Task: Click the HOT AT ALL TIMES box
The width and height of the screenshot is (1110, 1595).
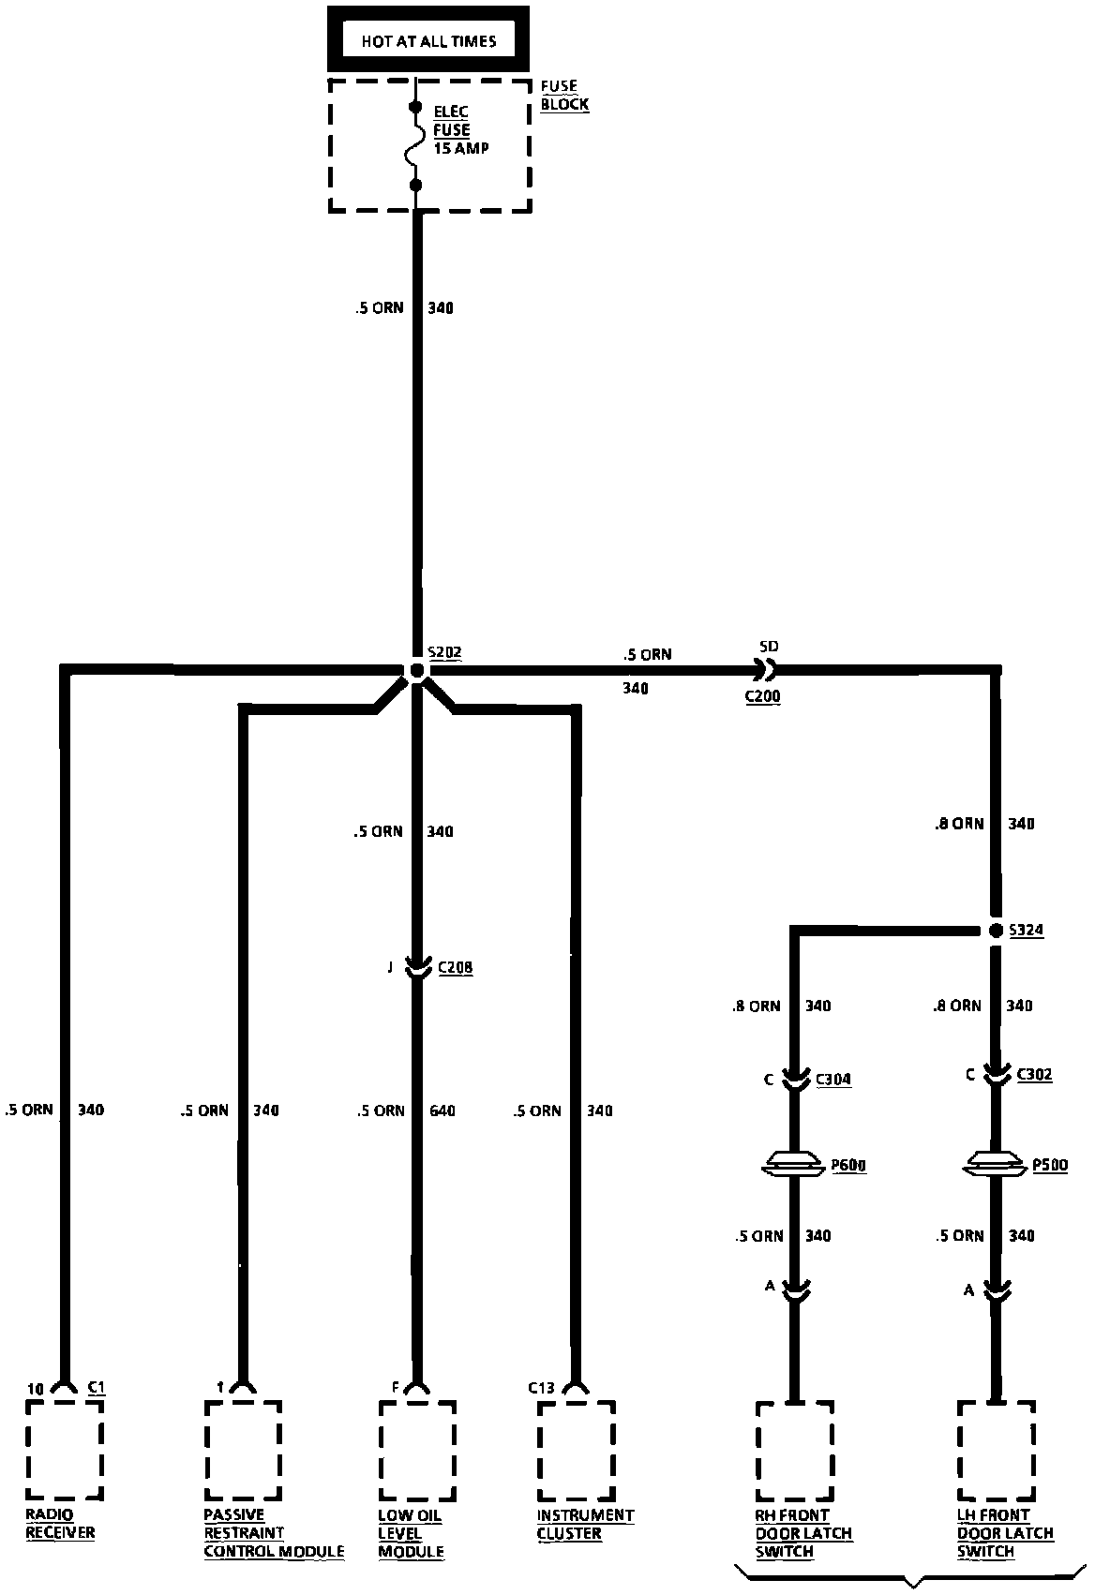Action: (428, 40)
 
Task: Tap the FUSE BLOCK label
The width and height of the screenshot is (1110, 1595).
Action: (564, 95)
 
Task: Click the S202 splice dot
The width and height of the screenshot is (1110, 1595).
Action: (417, 670)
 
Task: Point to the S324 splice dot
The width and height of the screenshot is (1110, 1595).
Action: (996, 931)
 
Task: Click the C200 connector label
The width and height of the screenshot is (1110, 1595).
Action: (762, 696)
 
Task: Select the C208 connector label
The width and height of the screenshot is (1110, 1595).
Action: (455, 967)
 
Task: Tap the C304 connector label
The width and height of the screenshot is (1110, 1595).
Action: (833, 1079)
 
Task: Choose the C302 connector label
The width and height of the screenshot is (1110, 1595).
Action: (1034, 1074)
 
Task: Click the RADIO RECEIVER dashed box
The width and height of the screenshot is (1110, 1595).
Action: (64, 1450)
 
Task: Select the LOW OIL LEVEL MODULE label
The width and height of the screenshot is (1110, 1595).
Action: (411, 1534)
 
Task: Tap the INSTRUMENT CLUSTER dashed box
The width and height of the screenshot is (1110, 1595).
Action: (576, 1450)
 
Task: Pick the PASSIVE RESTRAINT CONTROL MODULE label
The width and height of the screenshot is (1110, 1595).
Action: (274, 1534)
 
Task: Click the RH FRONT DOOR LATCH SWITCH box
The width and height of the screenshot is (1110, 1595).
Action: (794, 1450)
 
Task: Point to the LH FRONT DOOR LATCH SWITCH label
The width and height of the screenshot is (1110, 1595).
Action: (1005, 1534)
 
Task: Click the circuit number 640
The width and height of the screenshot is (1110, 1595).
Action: (442, 1111)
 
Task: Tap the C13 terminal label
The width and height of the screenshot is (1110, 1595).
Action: (541, 1388)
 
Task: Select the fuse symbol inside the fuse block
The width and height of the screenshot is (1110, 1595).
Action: (416, 147)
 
